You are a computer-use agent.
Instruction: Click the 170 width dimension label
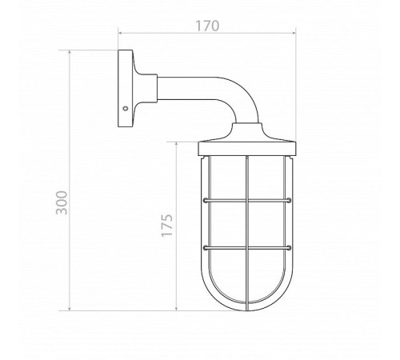click(207, 26)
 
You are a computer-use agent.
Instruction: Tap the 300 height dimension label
click(62, 202)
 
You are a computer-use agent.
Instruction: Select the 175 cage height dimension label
click(167, 225)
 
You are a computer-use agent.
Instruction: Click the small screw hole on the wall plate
click(125, 108)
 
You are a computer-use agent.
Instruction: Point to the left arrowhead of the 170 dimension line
click(120, 33)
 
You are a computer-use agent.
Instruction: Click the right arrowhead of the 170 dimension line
click(294, 33)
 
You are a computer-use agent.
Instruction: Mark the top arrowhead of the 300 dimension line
click(70, 52)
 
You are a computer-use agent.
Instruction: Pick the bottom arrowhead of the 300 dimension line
click(70, 309)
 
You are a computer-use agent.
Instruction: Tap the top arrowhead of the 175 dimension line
click(177, 144)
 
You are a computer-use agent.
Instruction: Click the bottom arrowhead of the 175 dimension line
click(177, 309)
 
